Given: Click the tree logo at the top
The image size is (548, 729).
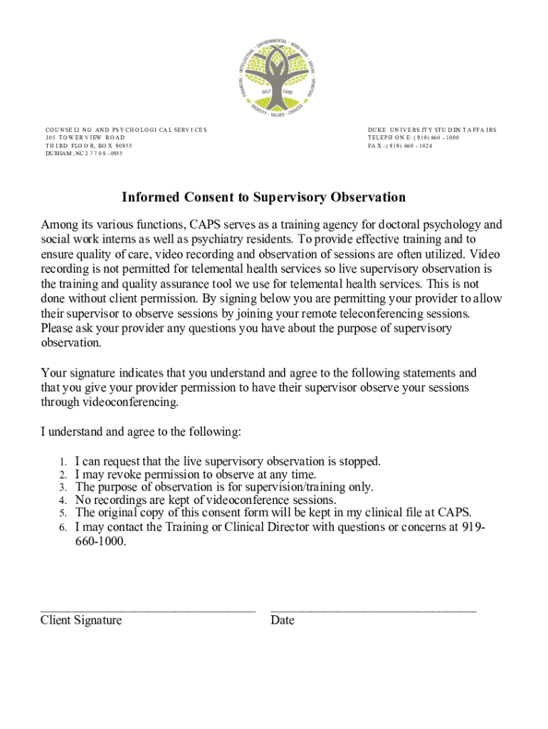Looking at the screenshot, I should point(274,77).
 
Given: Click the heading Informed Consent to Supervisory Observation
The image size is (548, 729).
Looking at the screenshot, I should point(263,197).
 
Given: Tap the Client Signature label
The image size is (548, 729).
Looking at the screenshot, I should point(81,620).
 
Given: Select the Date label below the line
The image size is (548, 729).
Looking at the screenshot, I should point(282,620).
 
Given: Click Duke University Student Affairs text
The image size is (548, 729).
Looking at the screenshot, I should point(432,130).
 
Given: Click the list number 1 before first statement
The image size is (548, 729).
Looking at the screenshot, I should point(63,461).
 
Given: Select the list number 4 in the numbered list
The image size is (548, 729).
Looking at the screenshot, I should point(63,500).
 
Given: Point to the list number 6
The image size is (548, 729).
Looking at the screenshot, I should point(63,528).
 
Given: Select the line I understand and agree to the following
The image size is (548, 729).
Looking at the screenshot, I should point(141,432).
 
